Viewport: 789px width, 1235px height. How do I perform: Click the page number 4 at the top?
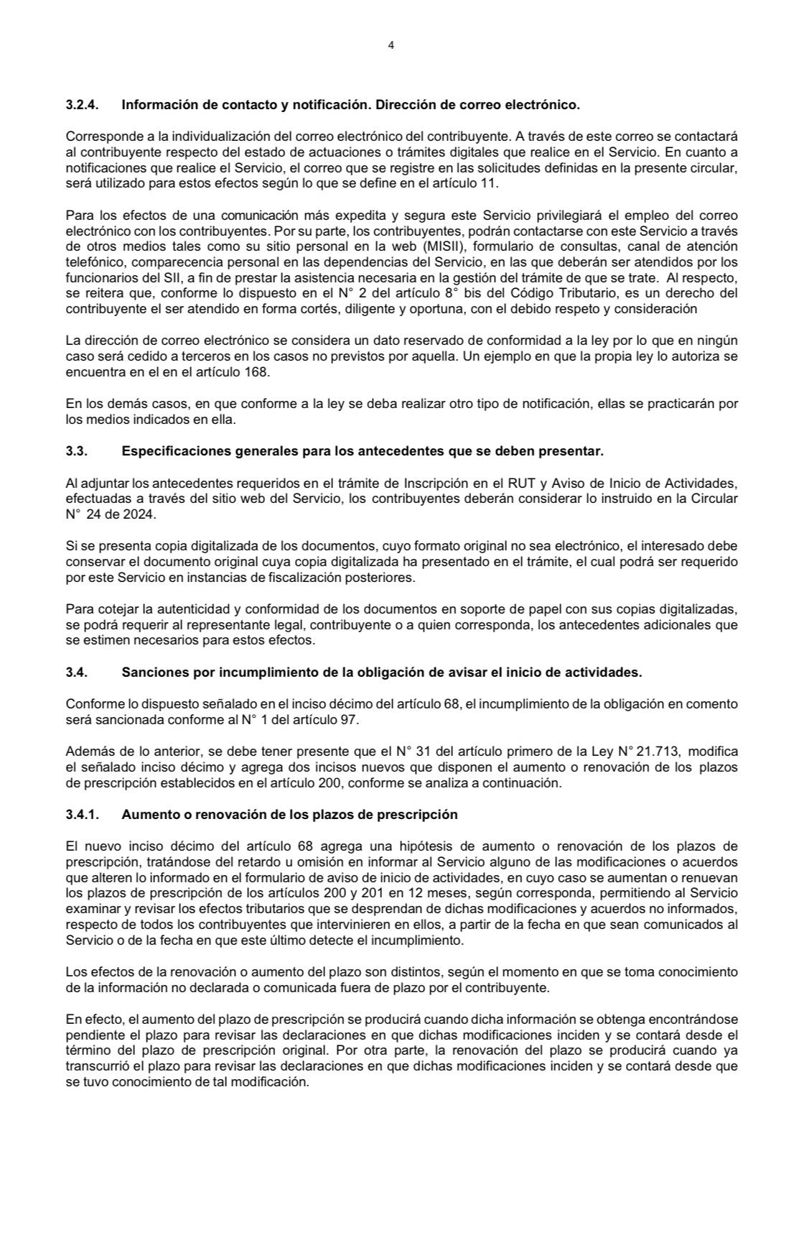tap(391, 45)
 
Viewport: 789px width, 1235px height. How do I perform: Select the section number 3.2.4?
tap(82, 105)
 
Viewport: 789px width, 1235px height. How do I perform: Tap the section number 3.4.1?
tap(82, 815)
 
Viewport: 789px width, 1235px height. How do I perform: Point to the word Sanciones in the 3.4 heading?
tap(148, 672)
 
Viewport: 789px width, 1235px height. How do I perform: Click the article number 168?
tap(256, 372)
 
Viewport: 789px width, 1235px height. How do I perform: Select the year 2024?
tap(138, 514)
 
